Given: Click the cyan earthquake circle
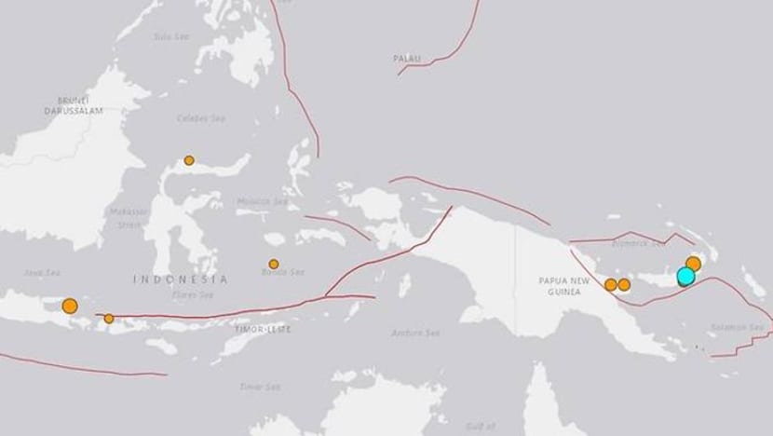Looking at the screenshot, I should (685, 276).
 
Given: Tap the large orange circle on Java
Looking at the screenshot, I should (69, 305).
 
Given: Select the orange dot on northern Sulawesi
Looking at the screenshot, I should (189, 160).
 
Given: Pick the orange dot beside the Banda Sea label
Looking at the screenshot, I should (274, 264).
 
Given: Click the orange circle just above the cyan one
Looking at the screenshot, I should (693, 264).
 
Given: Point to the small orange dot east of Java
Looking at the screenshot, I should (109, 319).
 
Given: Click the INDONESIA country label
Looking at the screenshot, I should (180, 279).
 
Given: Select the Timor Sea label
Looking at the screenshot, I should (254, 385).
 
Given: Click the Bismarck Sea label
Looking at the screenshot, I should (645, 245).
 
